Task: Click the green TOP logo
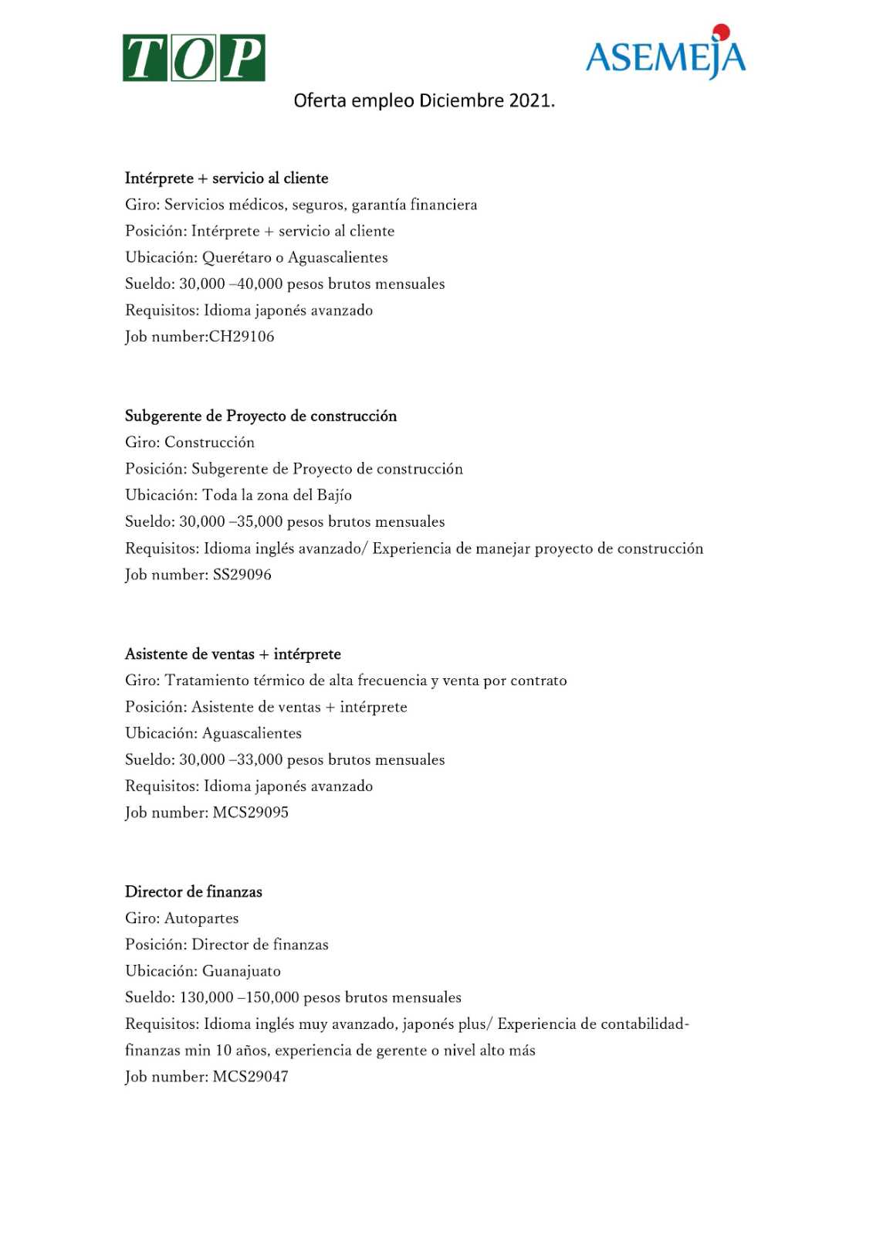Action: coord(194,58)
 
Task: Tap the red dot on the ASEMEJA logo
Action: coord(722,32)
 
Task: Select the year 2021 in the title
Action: coord(531,100)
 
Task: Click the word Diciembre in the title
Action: coord(461,100)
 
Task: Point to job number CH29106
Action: coord(242,337)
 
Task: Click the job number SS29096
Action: coord(242,575)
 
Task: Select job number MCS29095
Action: coord(251,813)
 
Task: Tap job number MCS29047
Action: coord(251,1077)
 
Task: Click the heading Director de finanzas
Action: coord(194,892)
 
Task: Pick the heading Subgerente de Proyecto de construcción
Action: coord(261,416)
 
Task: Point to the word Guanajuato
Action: coord(242,971)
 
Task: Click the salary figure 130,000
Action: coord(206,997)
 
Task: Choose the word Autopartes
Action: coord(201,919)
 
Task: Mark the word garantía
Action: coord(378,205)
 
